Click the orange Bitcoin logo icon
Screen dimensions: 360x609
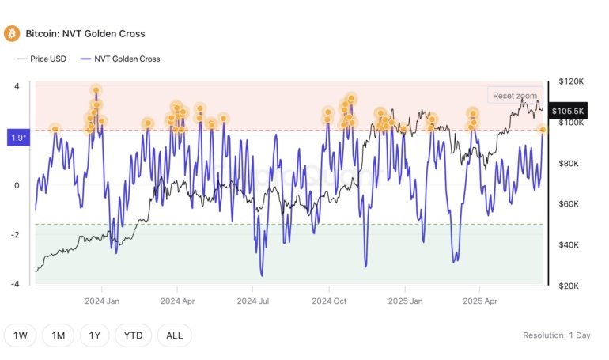[x=12, y=33]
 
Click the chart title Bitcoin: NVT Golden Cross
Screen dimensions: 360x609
[x=85, y=34]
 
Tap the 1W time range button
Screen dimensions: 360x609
[x=21, y=335]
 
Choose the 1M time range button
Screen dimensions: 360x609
[x=59, y=335]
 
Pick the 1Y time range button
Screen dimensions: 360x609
[x=95, y=335]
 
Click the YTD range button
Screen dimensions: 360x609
[x=134, y=335]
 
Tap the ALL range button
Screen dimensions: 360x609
[x=174, y=335]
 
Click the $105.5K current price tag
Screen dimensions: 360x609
[x=568, y=112]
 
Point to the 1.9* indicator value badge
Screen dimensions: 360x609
[x=18, y=138]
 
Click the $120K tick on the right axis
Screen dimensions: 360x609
[x=570, y=81]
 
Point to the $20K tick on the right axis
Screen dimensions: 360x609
[x=570, y=286]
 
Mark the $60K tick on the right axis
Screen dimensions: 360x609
[x=570, y=204]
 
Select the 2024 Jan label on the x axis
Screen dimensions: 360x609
[x=102, y=301]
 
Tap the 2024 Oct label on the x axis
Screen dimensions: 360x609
[x=329, y=301]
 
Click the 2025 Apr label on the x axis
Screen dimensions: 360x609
[x=480, y=301]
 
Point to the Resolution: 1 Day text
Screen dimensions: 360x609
[x=556, y=335]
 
